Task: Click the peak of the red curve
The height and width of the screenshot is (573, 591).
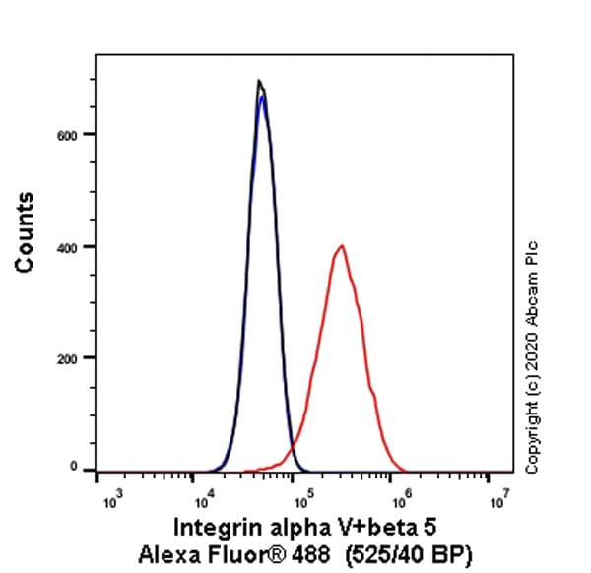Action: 341,246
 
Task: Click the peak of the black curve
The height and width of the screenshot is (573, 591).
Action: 258,81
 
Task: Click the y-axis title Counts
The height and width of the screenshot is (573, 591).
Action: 26,232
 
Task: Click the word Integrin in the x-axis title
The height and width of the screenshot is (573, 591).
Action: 212,526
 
